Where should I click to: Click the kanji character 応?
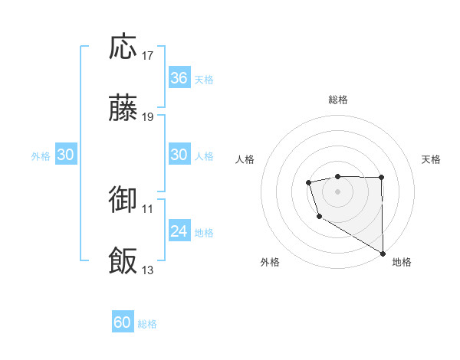[x=123, y=47]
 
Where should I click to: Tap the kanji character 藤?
[x=123, y=109]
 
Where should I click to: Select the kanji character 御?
[x=123, y=200]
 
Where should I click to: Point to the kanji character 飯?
[x=123, y=261]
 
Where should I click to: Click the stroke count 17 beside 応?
[x=149, y=56]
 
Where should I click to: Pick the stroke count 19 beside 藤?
[x=149, y=117]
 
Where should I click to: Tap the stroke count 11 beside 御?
[x=149, y=208]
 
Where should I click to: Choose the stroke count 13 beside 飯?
[x=149, y=270]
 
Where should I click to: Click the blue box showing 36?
[x=179, y=78]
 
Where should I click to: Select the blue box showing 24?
[x=179, y=231]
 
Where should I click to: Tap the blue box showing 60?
[x=123, y=322]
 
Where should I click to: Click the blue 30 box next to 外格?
[x=65, y=155]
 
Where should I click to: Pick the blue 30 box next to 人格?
[x=179, y=155]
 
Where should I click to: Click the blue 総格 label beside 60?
[x=148, y=324]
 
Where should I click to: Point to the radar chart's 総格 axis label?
[x=338, y=100]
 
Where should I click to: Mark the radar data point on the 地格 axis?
[x=383, y=254]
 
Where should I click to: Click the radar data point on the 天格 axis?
[x=381, y=178]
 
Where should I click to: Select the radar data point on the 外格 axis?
[x=319, y=218]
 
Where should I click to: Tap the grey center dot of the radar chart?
[x=338, y=191]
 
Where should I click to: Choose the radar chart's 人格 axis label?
[x=245, y=159]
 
